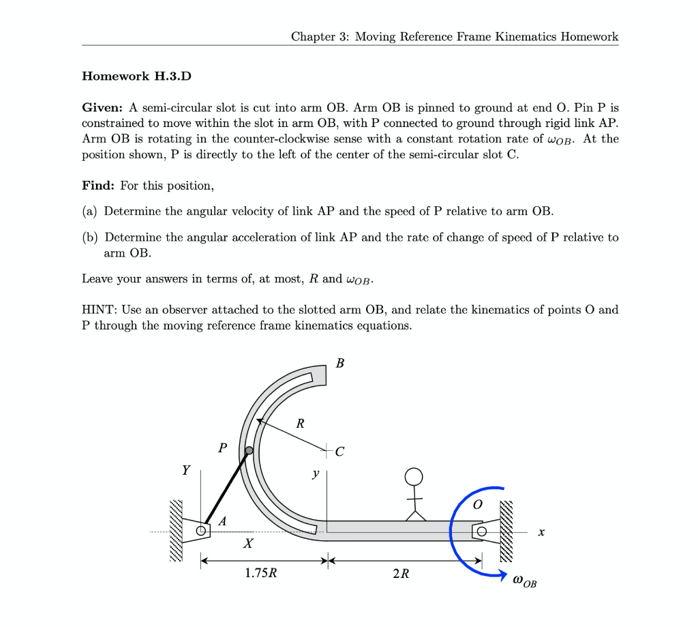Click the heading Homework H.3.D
point(136,76)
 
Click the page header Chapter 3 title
point(455,36)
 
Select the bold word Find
point(97,186)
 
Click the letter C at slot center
point(340,451)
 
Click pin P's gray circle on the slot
point(249,451)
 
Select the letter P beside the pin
point(222,448)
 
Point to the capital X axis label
point(248,544)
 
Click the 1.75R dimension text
point(261,573)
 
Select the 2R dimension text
point(401,573)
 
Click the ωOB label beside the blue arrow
point(525,581)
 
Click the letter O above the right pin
point(477,504)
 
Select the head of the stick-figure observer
point(414,476)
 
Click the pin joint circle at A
point(201,531)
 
